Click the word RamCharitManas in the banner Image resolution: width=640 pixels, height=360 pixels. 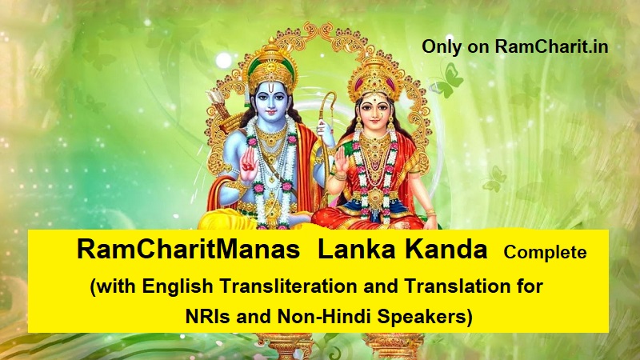[x=189, y=250]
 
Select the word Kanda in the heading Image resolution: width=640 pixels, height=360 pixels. [x=446, y=250]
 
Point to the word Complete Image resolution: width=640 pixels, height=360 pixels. [x=545, y=253]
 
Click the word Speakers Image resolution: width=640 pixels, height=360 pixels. [x=425, y=317]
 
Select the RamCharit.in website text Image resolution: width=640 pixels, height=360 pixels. [x=552, y=46]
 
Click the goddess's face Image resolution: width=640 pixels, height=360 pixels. [x=374, y=111]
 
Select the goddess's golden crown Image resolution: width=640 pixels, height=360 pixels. [x=374, y=78]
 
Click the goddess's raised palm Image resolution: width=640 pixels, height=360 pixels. [x=342, y=161]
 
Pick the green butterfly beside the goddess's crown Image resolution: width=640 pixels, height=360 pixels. [x=447, y=81]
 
